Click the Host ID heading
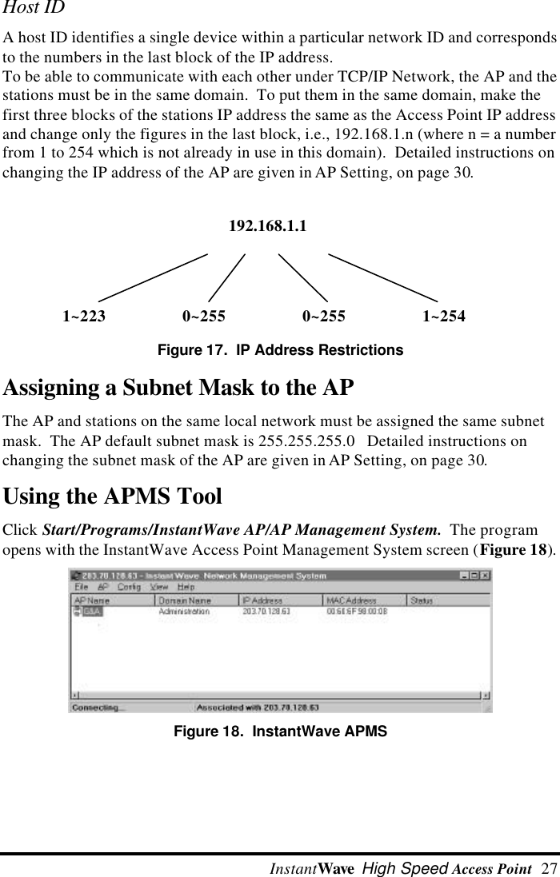coord(34,9)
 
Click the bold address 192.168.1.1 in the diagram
coord(267,226)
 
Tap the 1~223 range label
coord(84,317)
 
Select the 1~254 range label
coord(444,317)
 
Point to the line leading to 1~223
coord(152,277)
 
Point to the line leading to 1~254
coord(384,277)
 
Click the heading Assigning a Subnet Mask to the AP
coord(178,389)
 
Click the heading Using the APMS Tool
coord(113,497)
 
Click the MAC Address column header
coord(350,600)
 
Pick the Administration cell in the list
coord(184,612)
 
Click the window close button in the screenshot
coord(485,575)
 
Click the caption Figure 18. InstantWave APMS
coord(280,731)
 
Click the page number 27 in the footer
coord(549,868)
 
